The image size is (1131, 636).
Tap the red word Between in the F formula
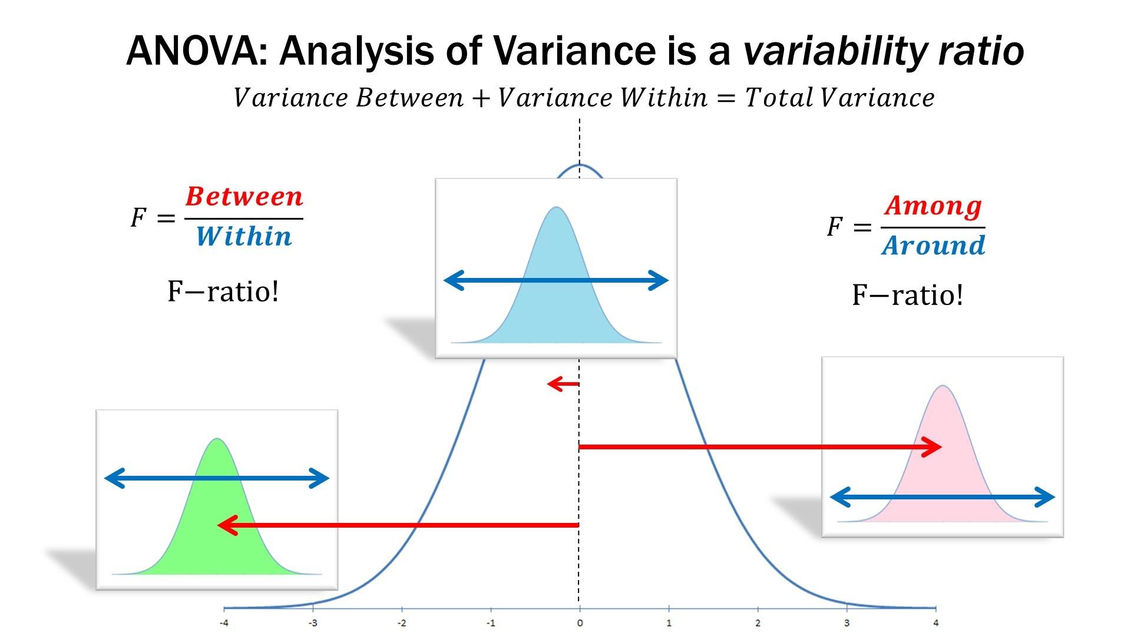[244, 197]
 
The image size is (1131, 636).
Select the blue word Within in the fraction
[244, 237]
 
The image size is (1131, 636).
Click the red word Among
[933, 206]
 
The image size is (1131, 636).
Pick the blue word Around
[934, 246]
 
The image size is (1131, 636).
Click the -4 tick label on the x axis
[224, 623]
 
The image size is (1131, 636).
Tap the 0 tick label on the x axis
[580, 623]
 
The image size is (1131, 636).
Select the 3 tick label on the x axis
[846, 623]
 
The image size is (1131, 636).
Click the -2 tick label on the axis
[402, 623]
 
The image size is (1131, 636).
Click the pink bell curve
[943, 471]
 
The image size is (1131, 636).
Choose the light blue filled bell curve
[556, 312]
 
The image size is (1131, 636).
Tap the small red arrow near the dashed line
[563, 385]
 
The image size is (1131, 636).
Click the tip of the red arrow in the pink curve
[940, 447]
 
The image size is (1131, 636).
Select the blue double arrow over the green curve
[216, 478]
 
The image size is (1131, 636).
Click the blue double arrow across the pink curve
[942, 498]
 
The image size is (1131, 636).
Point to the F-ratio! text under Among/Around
[907, 295]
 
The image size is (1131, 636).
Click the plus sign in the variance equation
[481, 98]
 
